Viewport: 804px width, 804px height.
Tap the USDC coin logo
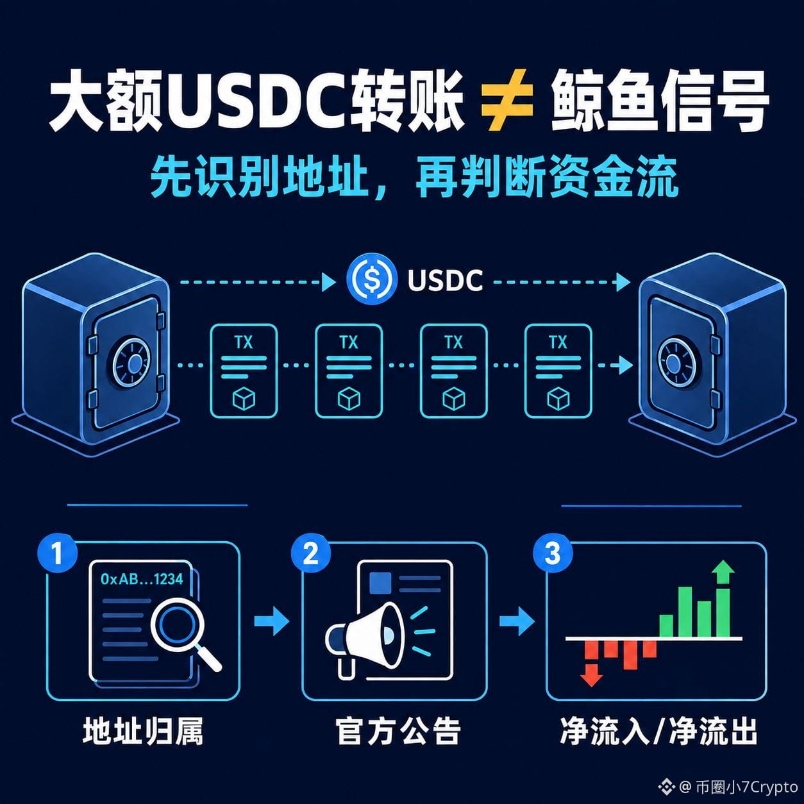(370, 279)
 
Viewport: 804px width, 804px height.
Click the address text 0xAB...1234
(142, 579)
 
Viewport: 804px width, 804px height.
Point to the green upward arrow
(723, 573)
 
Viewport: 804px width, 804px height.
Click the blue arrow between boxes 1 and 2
(272, 621)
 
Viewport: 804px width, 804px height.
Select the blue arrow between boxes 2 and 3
(517, 621)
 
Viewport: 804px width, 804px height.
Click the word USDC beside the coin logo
(445, 280)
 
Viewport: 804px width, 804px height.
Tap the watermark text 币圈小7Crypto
(746, 787)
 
